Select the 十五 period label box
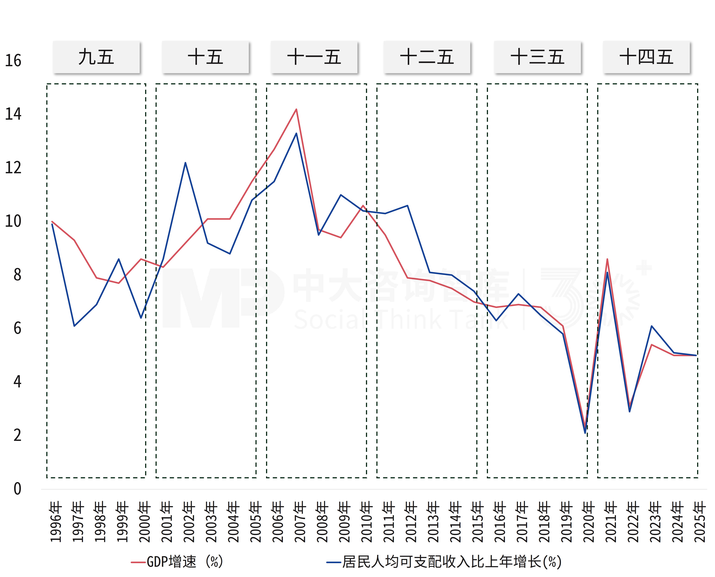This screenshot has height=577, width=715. (x=205, y=57)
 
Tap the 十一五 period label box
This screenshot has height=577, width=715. (x=314, y=57)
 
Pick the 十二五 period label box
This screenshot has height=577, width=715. (x=427, y=57)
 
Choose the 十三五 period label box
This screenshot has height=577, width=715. (x=538, y=57)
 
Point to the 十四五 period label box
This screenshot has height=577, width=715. (x=646, y=57)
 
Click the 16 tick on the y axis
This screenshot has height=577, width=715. (x=13, y=61)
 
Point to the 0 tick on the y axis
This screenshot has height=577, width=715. (x=17, y=489)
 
